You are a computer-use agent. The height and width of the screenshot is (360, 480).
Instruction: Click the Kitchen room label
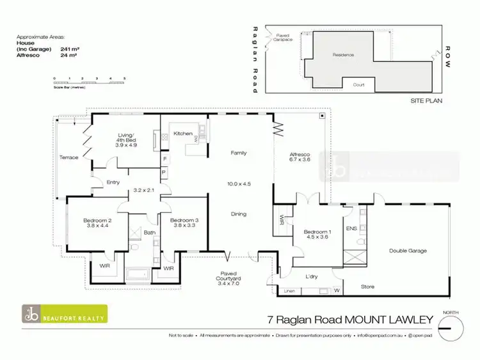(x=184, y=134)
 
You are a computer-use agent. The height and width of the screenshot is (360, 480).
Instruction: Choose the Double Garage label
(x=409, y=251)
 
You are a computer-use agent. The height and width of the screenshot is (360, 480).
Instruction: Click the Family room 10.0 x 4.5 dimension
(x=238, y=183)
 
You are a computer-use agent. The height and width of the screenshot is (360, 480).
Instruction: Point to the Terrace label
(x=68, y=157)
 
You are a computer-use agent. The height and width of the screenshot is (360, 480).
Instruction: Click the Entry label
(x=113, y=182)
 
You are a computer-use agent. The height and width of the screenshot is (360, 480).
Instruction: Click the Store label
(x=367, y=286)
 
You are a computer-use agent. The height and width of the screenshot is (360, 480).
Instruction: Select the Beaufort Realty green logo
(x=65, y=314)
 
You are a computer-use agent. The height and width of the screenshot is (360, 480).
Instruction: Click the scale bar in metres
(x=89, y=81)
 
